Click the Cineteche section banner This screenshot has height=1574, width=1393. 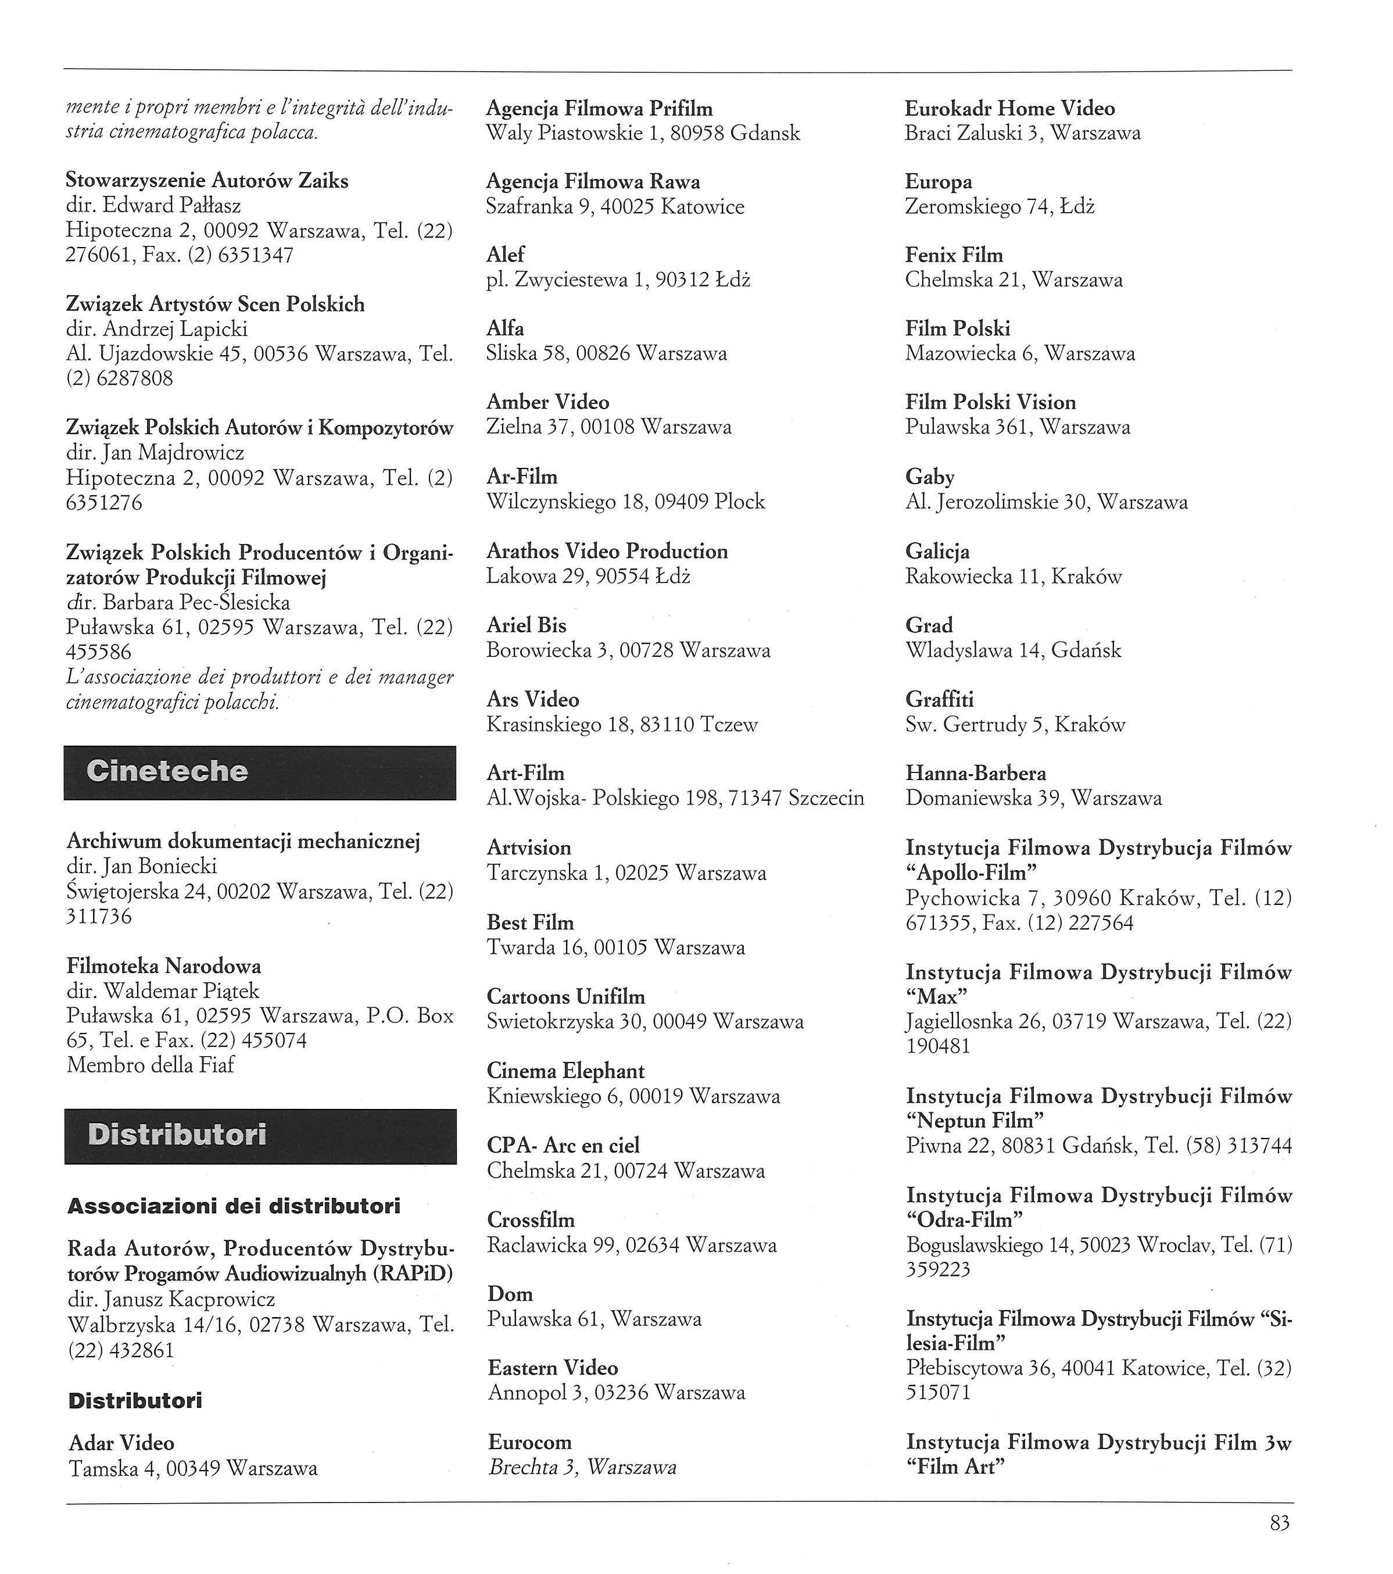[x=260, y=772]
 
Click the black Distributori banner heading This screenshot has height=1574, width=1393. [x=260, y=1136]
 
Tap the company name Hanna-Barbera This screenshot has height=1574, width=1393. [x=975, y=773]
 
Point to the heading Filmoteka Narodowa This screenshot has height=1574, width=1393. [x=163, y=965]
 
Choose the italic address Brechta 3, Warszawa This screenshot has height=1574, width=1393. [x=582, y=1467]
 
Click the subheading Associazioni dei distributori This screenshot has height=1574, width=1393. [x=234, y=1206]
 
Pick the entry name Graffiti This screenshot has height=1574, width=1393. [x=940, y=699]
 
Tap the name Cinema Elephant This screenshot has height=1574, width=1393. [x=565, y=1071]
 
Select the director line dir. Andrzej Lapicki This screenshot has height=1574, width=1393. [x=156, y=329]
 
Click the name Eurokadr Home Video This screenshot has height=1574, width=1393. [x=1009, y=109]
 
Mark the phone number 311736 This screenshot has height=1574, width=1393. [x=99, y=917]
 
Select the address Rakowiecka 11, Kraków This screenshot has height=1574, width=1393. [x=1014, y=576]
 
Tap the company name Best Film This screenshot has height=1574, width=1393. [x=530, y=922]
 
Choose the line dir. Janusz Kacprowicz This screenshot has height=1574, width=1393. [x=171, y=1299]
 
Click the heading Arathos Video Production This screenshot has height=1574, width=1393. [x=607, y=552]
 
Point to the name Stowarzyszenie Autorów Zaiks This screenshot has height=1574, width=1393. [x=206, y=180]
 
